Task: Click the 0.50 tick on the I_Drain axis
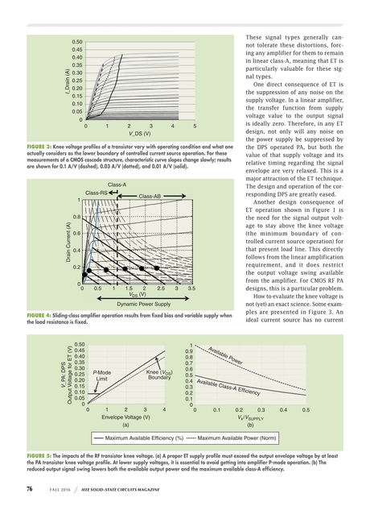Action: (76, 41)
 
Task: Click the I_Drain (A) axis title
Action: (59, 81)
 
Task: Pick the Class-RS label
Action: (97, 193)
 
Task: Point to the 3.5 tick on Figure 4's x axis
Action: (191, 288)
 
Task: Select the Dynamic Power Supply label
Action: (138, 305)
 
